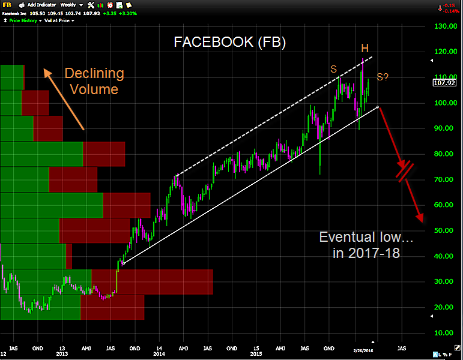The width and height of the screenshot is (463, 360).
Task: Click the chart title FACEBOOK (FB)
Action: click(229, 43)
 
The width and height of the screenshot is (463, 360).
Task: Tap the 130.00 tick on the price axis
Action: click(445, 26)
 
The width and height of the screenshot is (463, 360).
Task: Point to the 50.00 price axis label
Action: click(444, 230)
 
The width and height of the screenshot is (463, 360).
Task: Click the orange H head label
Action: click(365, 47)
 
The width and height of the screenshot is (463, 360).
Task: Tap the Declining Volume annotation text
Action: click(94, 82)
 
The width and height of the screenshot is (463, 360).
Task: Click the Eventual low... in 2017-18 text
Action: click(366, 245)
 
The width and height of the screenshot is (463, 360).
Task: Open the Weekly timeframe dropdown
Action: click(70, 4)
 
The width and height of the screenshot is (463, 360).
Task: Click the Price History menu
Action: click(23, 20)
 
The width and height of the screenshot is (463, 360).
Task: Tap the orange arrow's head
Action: click(46, 71)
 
